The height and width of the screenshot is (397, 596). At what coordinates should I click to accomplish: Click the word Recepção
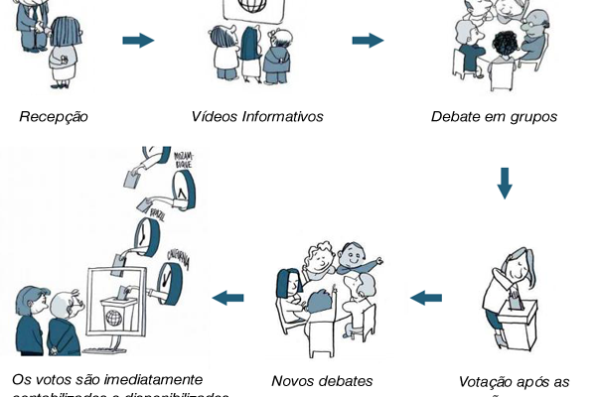(x=54, y=116)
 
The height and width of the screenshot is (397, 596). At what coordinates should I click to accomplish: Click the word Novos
(x=295, y=380)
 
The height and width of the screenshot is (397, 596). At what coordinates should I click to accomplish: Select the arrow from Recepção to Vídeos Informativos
(x=138, y=41)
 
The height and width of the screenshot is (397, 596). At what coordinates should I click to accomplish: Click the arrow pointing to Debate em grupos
(x=368, y=41)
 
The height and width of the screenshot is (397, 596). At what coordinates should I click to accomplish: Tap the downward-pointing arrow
(x=505, y=183)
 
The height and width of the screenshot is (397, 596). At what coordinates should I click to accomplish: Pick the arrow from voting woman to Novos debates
(x=426, y=295)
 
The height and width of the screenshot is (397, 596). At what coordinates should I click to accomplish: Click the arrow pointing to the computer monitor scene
(x=227, y=296)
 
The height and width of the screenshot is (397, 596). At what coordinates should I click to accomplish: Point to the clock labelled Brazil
(x=146, y=235)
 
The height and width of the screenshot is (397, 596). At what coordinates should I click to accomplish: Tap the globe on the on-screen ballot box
(x=115, y=320)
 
